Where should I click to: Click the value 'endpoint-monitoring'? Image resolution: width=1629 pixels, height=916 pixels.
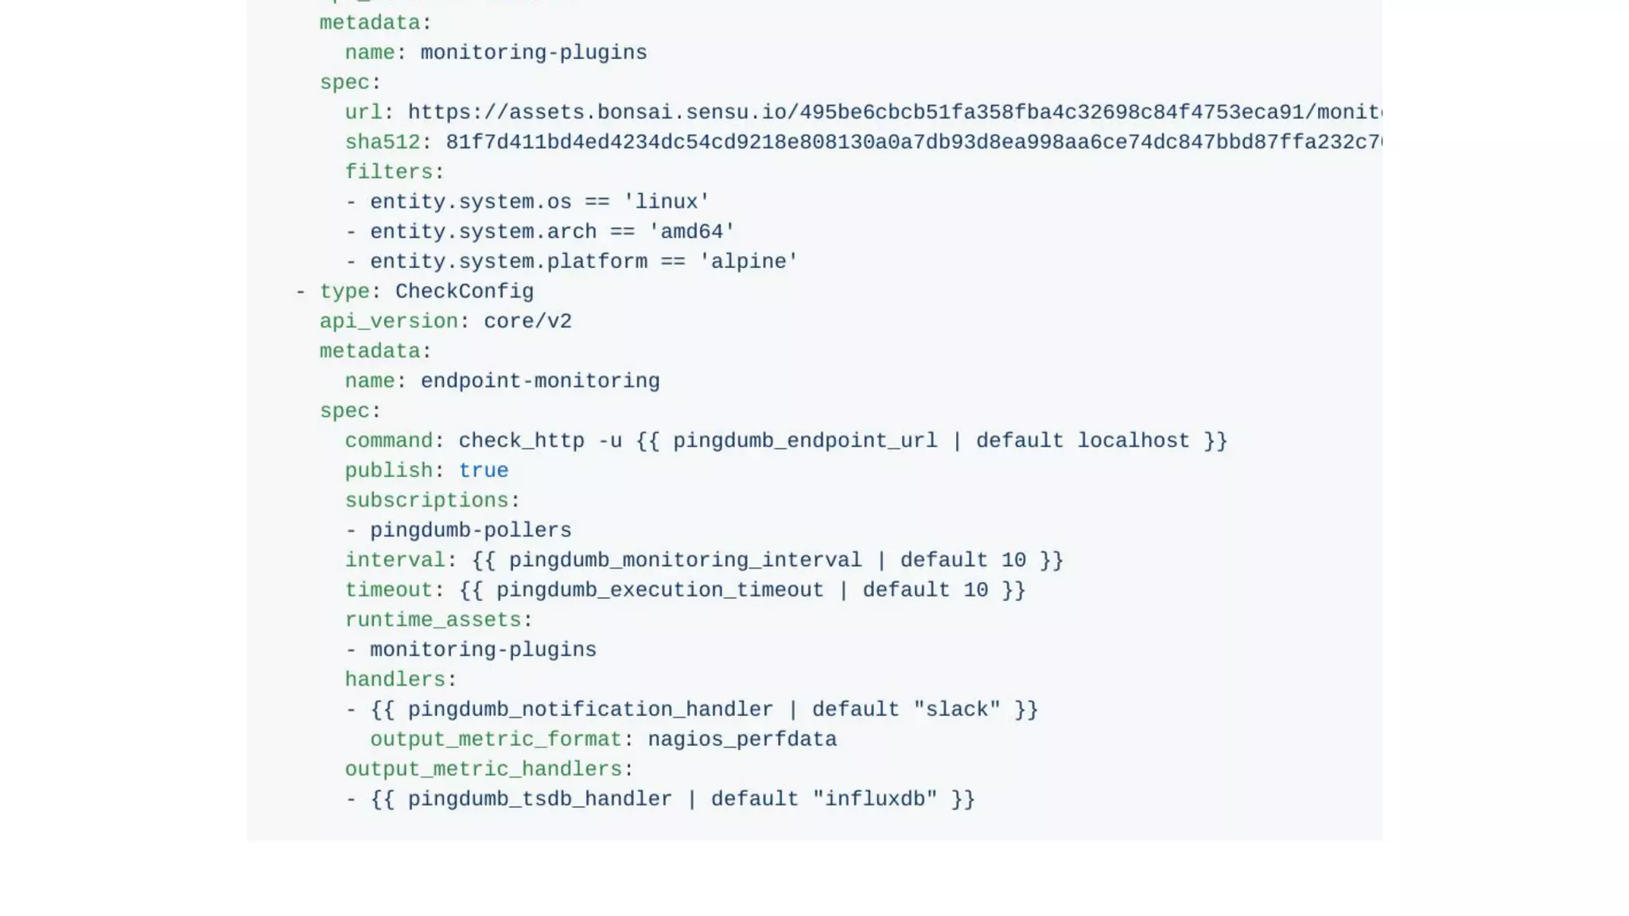pyautogui.click(x=540, y=382)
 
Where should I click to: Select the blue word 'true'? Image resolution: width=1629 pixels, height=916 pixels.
pyautogui.click(x=484, y=471)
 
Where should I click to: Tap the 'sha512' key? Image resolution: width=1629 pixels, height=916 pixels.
pyautogui.click(x=382, y=142)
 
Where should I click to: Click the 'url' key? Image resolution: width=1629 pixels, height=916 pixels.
pyautogui.click(x=364, y=112)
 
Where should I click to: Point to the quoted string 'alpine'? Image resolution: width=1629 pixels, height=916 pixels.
pyautogui.click(x=748, y=262)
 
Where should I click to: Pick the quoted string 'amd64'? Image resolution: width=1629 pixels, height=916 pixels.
pyautogui.click(x=692, y=232)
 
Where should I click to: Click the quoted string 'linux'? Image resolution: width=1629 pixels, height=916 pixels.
pyautogui.click(x=667, y=202)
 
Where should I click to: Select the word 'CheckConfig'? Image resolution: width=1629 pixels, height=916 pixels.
pyautogui.click(x=465, y=292)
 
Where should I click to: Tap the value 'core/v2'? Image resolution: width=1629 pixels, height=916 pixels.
pyautogui.click(x=527, y=321)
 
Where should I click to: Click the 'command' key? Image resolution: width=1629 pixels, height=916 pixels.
pyautogui.click(x=389, y=441)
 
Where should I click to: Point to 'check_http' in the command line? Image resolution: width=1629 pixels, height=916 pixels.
pyautogui.click(x=521, y=441)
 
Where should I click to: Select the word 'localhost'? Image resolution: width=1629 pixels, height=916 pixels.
pyautogui.click(x=1133, y=441)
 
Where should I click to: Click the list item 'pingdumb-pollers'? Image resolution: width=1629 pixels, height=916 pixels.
pyautogui.click(x=471, y=530)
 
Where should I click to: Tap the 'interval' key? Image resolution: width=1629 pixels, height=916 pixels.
pyautogui.click(x=395, y=561)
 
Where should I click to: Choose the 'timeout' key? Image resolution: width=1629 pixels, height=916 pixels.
pyautogui.click(x=388, y=590)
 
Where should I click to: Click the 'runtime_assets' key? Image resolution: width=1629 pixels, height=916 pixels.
pyautogui.click(x=433, y=620)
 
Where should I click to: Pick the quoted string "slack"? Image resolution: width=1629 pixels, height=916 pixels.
pyautogui.click(x=957, y=709)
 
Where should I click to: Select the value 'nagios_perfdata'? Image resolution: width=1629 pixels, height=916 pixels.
pyautogui.click(x=742, y=739)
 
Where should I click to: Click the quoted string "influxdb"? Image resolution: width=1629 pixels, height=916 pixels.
pyautogui.click(x=875, y=799)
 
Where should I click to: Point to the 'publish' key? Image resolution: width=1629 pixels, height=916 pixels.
pyautogui.click(x=388, y=471)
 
